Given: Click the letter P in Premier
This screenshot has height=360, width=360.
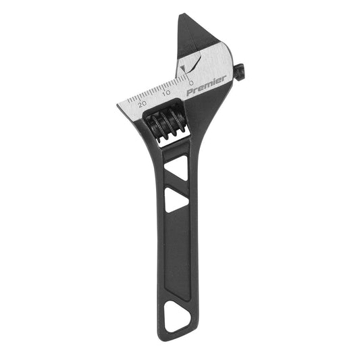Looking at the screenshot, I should (189, 91).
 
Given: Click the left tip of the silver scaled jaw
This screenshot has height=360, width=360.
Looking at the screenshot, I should (119, 107).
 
